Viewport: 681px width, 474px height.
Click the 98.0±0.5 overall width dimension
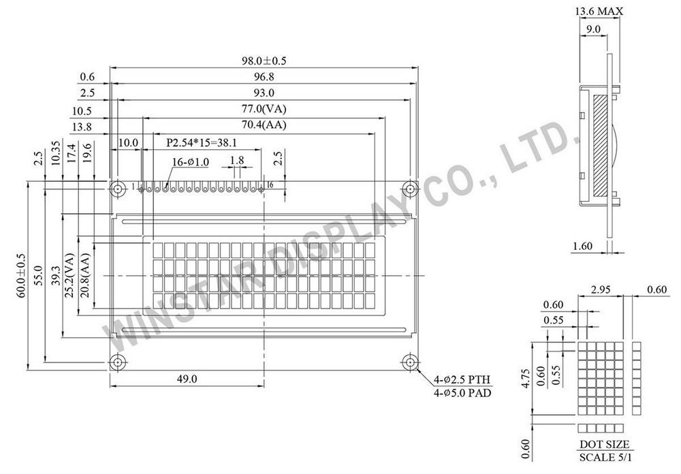(264, 61)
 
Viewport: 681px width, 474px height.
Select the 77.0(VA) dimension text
(264, 108)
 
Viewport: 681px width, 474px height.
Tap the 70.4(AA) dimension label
(264, 125)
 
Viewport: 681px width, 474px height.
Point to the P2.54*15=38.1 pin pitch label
(202, 142)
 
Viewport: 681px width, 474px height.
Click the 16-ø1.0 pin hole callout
(191, 162)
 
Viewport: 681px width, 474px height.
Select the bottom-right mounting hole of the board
(409, 362)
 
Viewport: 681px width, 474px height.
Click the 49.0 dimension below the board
(187, 379)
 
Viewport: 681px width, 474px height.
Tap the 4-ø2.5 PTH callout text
(462, 380)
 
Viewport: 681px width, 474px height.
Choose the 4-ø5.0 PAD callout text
(462, 393)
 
